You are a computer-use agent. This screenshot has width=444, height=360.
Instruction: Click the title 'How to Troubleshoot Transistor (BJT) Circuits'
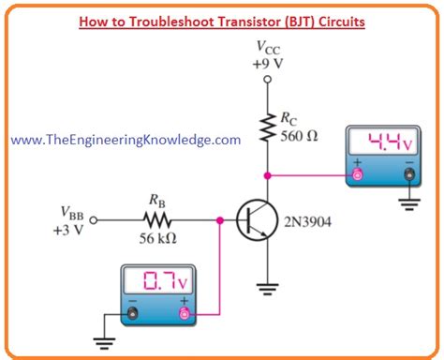pos(222,20)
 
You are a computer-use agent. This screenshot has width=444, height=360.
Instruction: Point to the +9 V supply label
pos(267,63)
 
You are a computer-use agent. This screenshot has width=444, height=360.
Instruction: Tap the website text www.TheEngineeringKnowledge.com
pos(126,139)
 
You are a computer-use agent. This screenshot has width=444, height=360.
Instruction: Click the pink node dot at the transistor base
pos(220,221)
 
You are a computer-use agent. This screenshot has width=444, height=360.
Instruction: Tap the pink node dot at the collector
pos(268,174)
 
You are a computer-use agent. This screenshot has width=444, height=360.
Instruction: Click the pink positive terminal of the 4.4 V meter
pos(357,174)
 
